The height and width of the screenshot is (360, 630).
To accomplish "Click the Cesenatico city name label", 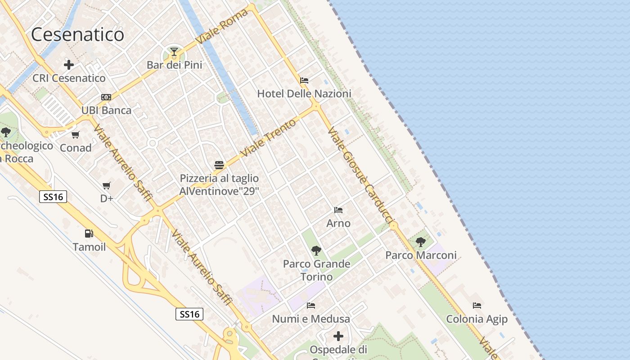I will pyautogui.click(x=77, y=34).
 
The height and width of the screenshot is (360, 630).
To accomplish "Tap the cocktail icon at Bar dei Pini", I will pyautogui.click(x=174, y=52).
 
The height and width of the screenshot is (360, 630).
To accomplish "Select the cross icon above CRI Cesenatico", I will pyautogui.click(x=69, y=65).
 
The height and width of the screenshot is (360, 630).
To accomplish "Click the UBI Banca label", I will pyautogui.click(x=106, y=110).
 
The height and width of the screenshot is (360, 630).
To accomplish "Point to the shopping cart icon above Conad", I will pyautogui.click(x=76, y=135).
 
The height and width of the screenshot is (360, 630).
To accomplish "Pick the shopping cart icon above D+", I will pyautogui.click(x=107, y=185).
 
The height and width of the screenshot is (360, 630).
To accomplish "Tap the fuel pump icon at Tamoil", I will pyautogui.click(x=89, y=233).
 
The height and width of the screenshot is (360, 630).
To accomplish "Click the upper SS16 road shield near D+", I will pyautogui.click(x=53, y=197).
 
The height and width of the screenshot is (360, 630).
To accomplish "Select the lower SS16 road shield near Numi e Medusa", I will pyautogui.click(x=189, y=314).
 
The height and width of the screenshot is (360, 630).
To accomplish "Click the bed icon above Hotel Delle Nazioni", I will pyautogui.click(x=304, y=81).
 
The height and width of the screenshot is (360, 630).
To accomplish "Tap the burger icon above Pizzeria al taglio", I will pyautogui.click(x=219, y=165).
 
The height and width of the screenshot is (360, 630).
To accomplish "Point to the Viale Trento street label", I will pyautogui.click(x=269, y=138).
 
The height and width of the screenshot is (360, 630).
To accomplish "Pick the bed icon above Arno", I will pyautogui.click(x=338, y=210).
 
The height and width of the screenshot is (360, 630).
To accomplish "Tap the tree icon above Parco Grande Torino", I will pyautogui.click(x=316, y=251).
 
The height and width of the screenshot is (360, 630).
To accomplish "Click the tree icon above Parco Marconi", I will pyautogui.click(x=421, y=242).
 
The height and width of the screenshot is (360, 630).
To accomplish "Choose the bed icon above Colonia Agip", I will pyautogui.click(x=477, y=306).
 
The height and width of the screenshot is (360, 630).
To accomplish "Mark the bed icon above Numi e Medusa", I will pyautogui.click(x=311, y=306).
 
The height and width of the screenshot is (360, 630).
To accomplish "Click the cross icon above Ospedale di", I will pyautogui.click(x=338, y=336).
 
